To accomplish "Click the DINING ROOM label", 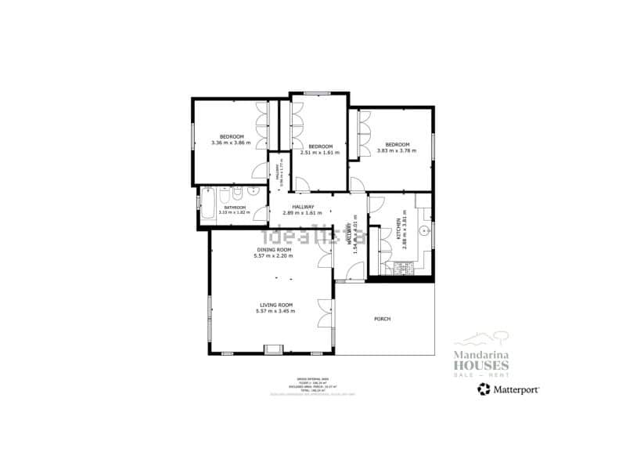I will (273, 249).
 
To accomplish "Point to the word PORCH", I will (382, 319).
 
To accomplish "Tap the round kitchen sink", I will (423, 230).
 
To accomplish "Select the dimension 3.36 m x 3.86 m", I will (231, 143).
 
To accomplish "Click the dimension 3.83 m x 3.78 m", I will (397, 150).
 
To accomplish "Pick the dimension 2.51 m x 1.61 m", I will (319, 153).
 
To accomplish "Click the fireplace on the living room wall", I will (274, 349).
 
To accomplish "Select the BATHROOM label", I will (235, 207).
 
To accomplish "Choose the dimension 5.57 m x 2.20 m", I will (273, 255).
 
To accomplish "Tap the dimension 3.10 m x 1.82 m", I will (235, 212).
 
